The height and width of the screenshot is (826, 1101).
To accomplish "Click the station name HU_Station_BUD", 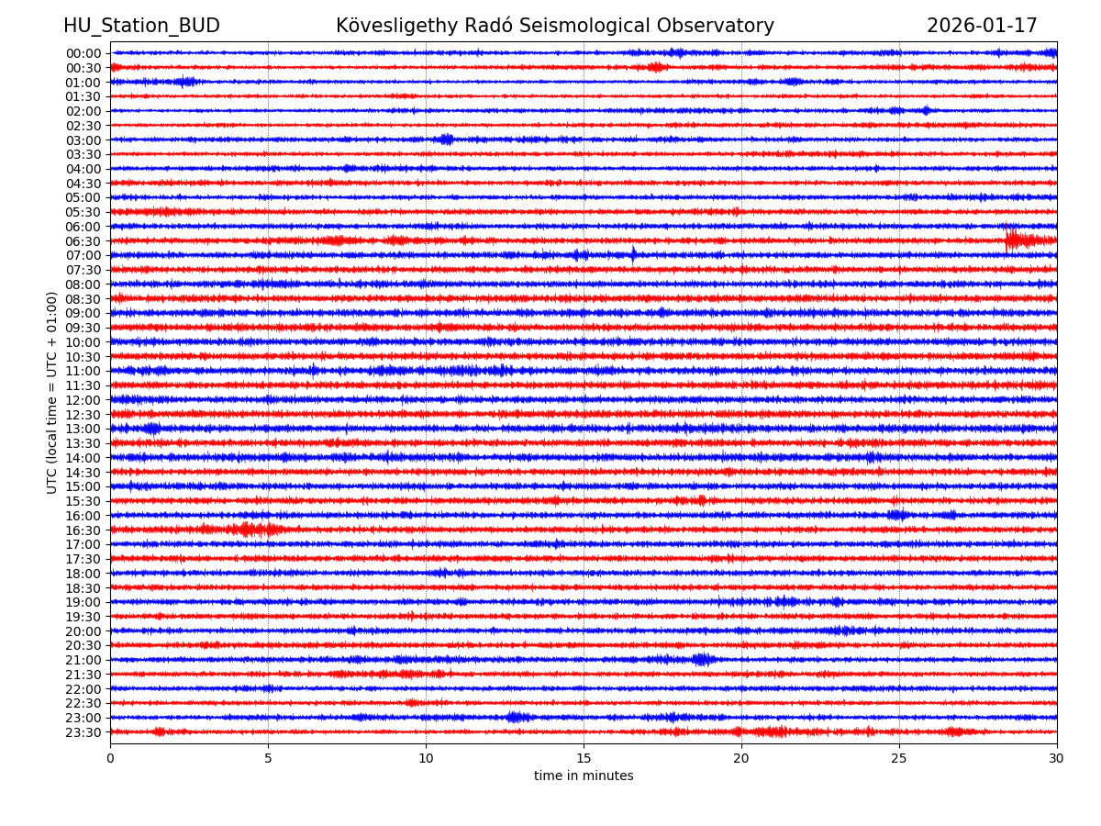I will [141, 26].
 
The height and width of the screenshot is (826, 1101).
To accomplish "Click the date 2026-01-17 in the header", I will [982, 26].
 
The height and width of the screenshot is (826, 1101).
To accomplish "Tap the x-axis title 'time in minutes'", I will [584, 776].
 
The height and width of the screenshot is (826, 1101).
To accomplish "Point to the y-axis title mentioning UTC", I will [52, 392].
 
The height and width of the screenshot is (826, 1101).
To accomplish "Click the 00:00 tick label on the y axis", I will [83, 53].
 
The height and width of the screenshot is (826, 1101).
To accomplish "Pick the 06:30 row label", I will [83, 241].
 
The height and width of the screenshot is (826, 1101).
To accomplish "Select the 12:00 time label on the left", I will [83, 400].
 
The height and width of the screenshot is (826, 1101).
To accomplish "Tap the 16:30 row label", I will [83, 530].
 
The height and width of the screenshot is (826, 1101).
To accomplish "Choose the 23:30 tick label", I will [83, 732].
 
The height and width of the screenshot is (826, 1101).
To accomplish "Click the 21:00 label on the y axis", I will [83, 660].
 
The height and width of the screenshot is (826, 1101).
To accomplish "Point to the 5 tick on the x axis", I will [268, 758].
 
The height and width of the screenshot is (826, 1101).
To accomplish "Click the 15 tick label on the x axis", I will [584, 758].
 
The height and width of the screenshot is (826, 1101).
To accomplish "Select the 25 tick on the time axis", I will [899, 758].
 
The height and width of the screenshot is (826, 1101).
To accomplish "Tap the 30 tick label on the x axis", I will [1057, 758].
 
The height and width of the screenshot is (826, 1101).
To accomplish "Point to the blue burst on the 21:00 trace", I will [702, 659].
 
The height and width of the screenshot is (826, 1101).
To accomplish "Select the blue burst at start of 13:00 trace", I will [151, 429].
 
